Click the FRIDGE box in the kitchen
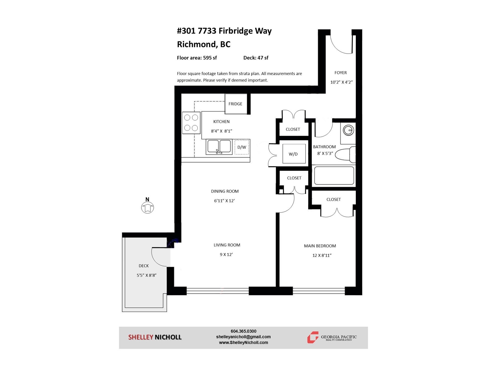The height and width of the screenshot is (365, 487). (236, 104)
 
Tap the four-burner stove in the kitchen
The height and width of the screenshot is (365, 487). (191, 123)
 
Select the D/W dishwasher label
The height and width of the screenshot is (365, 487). (242, 147)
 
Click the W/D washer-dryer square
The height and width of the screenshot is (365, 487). (294, 154)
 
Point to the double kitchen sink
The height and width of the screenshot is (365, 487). (219, 147)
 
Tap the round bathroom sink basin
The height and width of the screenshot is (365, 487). (348, 130)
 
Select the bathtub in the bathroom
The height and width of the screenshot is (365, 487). (334, 176)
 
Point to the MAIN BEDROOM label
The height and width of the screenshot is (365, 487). (320, 246)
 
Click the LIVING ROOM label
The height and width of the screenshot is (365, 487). (227, 245)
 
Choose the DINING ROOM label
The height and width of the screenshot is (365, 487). (225, 191)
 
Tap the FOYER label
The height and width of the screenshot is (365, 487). (341, 73)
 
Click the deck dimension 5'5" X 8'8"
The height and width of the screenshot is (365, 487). (146, 275)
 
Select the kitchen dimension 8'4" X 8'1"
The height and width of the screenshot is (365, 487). (221, 131)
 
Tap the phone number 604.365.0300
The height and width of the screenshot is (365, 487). (243, 331)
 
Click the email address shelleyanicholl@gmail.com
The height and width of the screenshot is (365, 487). (243, 337)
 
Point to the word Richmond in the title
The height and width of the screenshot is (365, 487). (196, 44)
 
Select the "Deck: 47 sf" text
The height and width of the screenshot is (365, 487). (256, 58)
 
